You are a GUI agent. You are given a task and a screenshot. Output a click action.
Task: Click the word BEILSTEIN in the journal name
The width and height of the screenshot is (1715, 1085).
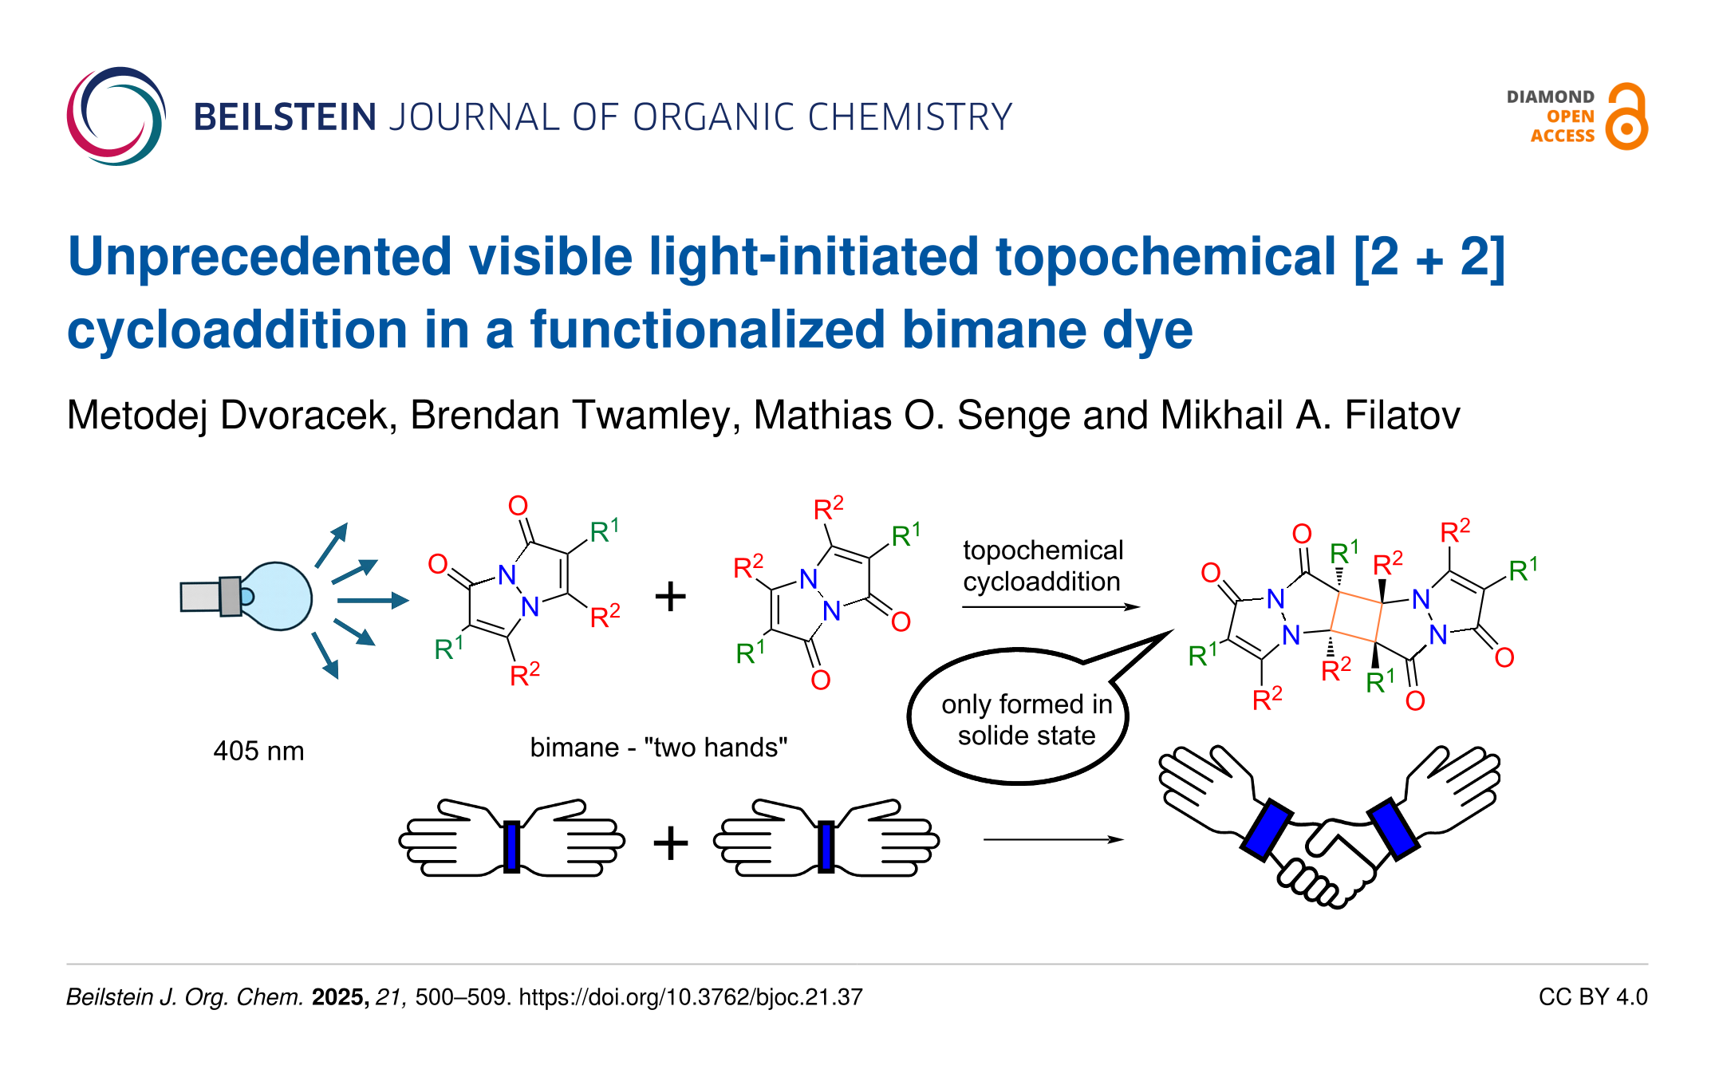[285, 117]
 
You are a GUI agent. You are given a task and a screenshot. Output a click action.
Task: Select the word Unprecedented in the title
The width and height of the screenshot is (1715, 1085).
[260, 257]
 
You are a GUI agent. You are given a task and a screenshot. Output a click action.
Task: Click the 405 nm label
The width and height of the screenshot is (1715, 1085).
[258, 751]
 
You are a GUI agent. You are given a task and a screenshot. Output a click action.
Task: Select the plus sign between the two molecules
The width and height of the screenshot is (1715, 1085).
[670, 596]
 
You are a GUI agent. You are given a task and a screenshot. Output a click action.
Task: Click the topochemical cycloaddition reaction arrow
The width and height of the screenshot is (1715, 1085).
[1051, 607]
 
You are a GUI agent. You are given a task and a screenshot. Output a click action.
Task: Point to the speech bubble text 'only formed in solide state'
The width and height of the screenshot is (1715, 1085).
[1027, 720]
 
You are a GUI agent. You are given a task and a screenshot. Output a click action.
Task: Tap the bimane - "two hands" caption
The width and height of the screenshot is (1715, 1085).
[659, 748]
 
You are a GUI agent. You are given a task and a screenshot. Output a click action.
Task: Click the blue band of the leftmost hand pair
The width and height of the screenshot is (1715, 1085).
[512, 846]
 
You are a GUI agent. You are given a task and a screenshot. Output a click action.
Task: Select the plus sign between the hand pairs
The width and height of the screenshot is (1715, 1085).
[670, 842]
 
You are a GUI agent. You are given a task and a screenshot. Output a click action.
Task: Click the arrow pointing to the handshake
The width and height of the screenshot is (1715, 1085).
[1054, 839]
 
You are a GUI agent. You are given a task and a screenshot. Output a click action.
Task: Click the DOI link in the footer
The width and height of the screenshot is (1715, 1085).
[691, 997]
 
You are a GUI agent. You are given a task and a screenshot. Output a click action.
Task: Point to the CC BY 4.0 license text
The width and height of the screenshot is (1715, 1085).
[1593, 997]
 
